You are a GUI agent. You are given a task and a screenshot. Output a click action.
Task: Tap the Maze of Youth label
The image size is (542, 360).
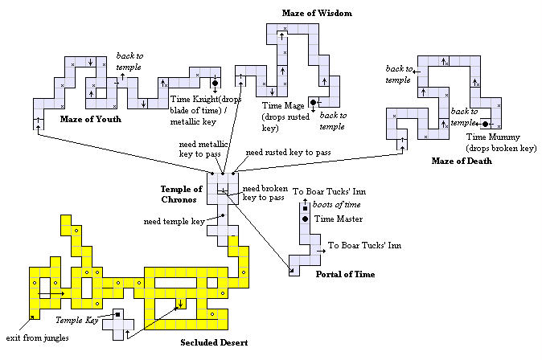(x=90, y=119)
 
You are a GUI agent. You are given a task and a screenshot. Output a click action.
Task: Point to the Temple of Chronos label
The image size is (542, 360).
(x=183, y=194)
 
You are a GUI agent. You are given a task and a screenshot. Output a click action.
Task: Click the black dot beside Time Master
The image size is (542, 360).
(x=306, y=219)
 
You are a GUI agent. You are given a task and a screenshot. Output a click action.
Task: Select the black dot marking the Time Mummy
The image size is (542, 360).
(x=487, y=124)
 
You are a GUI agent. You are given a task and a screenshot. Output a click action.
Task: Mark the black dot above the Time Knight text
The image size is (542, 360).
(x=215, y=83)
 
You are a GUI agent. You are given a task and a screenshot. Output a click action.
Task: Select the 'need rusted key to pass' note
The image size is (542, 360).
(x=288, y=152)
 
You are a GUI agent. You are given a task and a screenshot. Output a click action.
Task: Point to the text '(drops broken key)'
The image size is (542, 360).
(x=488, y=148)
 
